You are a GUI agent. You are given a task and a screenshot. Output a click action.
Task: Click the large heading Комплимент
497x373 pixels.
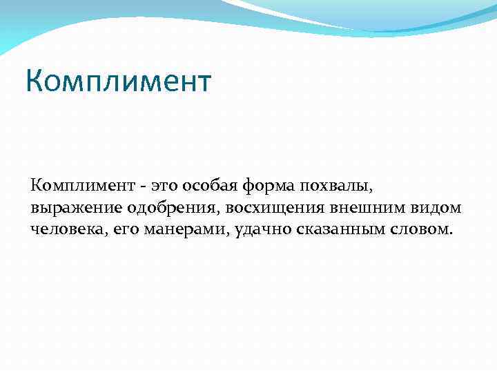(x=118, y=82)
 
